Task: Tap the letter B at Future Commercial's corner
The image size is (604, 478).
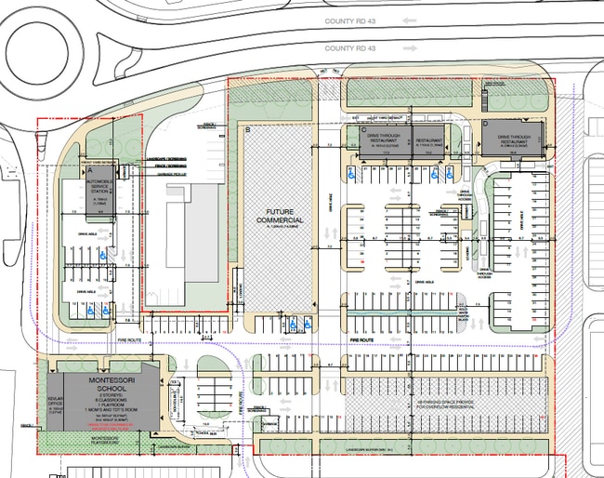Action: coord(247,130)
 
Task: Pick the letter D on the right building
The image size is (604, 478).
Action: coord(486,124)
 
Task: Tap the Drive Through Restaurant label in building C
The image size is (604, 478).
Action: coord(381,140)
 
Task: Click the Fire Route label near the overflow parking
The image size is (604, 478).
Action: coord(362,342)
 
